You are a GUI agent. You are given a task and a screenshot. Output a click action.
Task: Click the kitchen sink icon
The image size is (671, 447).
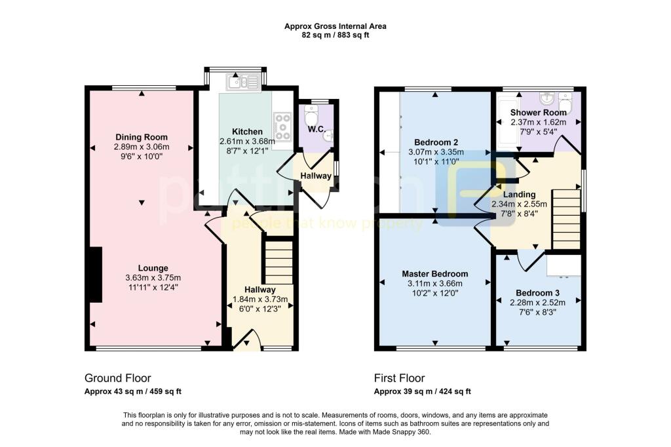(237, 82)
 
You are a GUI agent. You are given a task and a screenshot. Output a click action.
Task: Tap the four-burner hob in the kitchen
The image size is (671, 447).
(283, 126)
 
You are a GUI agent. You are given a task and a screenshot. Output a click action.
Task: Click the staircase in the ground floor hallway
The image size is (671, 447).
(278, 262)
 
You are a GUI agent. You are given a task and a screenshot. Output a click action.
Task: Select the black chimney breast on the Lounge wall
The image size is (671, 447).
(96, 274)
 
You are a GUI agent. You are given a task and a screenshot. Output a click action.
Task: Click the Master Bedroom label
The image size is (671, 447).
(435, 274)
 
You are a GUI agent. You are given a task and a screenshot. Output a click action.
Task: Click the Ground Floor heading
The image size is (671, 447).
(118, 378)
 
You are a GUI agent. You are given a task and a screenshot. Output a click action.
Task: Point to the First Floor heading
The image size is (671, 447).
(399, 378)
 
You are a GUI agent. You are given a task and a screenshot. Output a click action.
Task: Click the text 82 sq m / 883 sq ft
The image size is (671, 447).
(335, 35)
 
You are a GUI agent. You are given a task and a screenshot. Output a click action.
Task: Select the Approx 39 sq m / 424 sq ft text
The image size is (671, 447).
(422, 392)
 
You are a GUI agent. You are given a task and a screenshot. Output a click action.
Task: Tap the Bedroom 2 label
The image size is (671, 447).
(436, 142)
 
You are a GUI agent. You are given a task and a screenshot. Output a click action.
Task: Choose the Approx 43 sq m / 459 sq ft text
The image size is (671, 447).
(133, 392)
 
